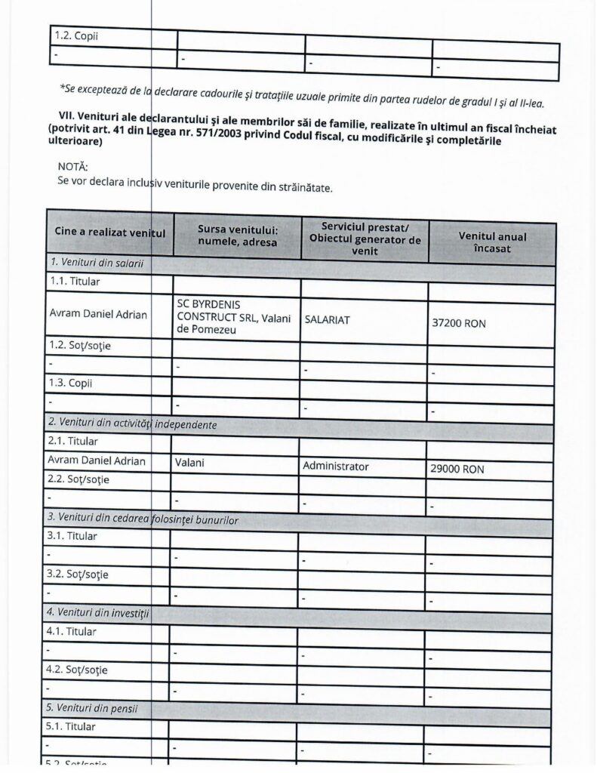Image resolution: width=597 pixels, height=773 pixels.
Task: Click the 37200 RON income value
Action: pyautogui.click(x=459, y=323)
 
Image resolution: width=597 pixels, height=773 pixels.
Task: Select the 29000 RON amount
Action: pyautogui.click(x=457, y=469)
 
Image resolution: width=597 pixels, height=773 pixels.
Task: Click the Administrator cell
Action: pyautogui.click(x=335, y=467)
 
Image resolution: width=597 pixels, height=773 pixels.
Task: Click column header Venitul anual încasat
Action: pyautogui.click(x=492, y=242)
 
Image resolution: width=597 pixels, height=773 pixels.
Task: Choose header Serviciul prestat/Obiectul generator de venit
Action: pyautogui.click(x=365, y=238)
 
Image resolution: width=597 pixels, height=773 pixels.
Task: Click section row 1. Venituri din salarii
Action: pyautogui.click(x=96, y=263)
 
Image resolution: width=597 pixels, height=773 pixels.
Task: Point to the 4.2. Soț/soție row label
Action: pyautogui.click(x=77, y=670)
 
